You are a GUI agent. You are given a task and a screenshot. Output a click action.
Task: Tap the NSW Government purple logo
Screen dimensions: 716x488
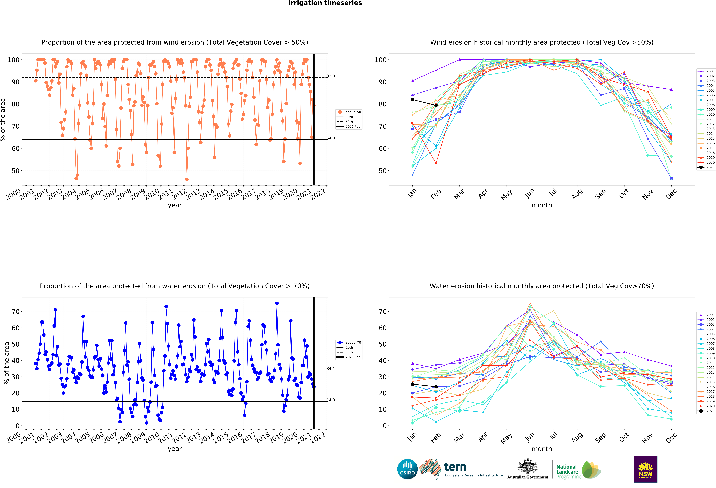[645, 469]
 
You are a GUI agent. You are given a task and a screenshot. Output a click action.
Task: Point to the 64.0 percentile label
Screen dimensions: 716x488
[331, 138]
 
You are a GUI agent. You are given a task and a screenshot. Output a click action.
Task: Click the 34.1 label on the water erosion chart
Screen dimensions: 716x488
[331, 368]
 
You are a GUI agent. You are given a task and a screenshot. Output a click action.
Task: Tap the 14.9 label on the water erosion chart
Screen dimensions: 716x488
[331, 400]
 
